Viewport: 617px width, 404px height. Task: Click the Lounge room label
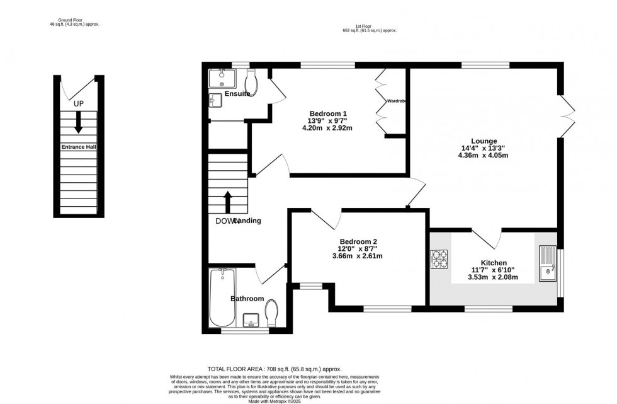484,141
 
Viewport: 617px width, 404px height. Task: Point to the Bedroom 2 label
358,241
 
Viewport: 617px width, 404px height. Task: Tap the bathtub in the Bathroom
222,296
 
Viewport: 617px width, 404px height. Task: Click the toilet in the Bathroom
272,311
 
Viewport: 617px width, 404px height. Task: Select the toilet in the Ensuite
251,80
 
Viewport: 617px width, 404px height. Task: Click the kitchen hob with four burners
439,260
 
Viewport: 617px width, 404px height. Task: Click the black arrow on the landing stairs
228,202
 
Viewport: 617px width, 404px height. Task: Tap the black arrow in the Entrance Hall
78,122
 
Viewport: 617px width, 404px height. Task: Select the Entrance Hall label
78,147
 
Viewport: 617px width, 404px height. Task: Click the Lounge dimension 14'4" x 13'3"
484,149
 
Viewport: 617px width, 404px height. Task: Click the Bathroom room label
247,299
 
